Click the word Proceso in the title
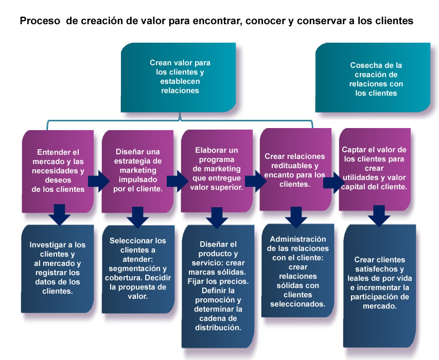point(40,21)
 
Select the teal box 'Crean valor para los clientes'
point(179,78)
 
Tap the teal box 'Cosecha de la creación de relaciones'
point(373,78)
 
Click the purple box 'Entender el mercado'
point(58,171)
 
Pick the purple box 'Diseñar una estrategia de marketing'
point(137,171)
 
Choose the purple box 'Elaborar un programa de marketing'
point(217,171)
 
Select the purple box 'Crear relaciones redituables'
point(295,170)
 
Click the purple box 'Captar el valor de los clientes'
point(375,170)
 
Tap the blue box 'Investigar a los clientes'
point(58,269)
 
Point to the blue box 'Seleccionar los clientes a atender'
point(138,269)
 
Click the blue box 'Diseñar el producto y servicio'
point(218,286)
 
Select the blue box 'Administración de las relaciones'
point(298,271)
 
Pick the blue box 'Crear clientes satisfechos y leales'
point(380,286)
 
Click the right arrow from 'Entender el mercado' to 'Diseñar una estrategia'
point(98,181)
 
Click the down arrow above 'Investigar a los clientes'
point(59,214)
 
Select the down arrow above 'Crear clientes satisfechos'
point(379,215)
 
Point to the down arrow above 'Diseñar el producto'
point(217,218)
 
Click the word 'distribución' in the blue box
point(218,328)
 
